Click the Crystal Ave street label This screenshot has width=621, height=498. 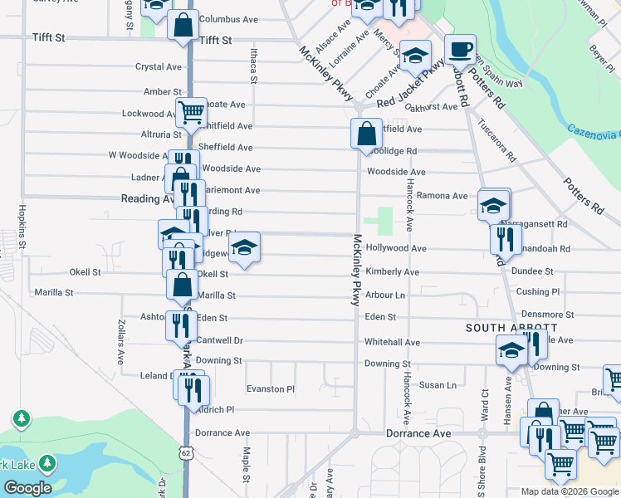(x=158, y=67)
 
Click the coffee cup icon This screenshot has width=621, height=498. (x=459, y=49)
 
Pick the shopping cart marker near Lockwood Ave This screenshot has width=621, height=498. (x=191, y=112)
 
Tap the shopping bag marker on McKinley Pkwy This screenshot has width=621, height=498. (x=366, y=133)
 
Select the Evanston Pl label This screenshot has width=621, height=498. (x=271, y=388)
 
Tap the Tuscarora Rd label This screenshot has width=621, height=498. (x=496, y=140)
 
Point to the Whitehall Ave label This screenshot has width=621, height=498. (x=392, y=342)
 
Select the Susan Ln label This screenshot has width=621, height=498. (x=438, y=385)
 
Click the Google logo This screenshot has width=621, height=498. (x=27, y=488)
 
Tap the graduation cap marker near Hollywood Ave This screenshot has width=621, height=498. (x=244, y=247)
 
